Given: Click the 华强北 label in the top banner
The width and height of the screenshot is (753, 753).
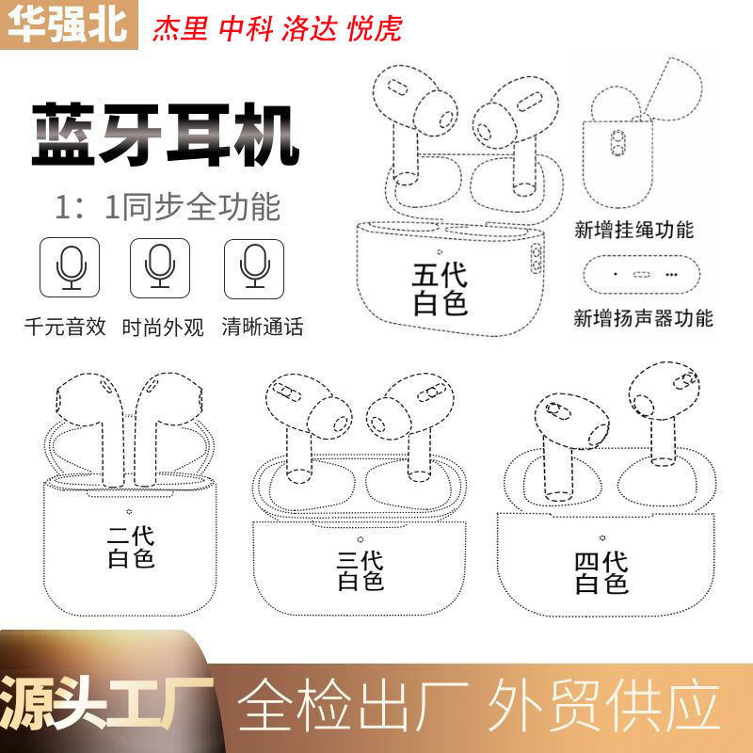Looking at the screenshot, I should tap(66, 25).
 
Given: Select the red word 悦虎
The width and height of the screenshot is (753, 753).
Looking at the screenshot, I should tap(375, 28).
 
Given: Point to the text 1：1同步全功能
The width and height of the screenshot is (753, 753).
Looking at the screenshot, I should tap(167, 206).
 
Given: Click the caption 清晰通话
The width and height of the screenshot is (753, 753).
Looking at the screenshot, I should tap(263, 328).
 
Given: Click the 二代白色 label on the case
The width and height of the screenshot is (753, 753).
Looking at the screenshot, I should tap(131, 547).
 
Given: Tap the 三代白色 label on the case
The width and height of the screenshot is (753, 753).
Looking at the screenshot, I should tap(360, 570).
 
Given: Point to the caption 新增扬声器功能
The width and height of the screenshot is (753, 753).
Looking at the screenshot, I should tap(644, 317).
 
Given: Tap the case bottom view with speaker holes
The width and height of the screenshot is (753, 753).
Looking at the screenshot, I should tap(643, 274).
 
